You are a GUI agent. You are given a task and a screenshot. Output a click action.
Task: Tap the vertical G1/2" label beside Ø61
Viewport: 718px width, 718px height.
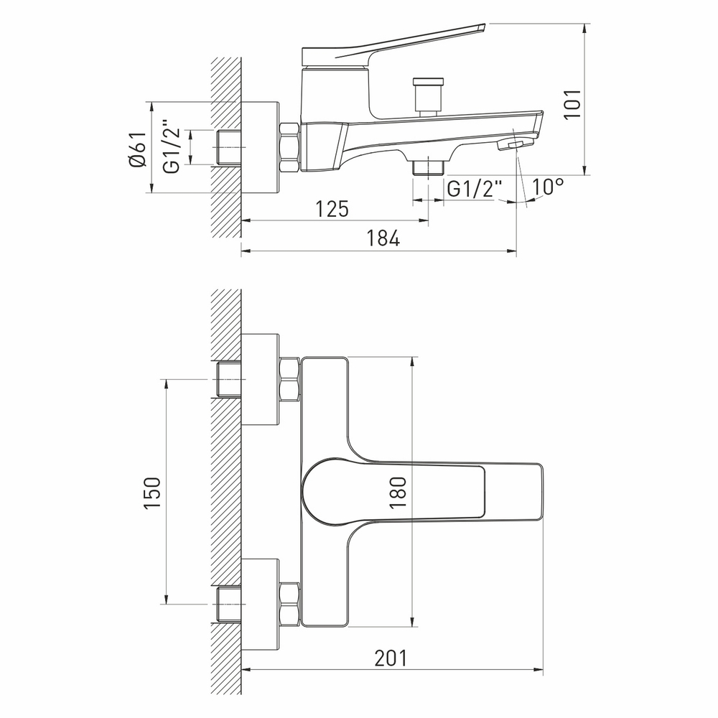coord(170,147)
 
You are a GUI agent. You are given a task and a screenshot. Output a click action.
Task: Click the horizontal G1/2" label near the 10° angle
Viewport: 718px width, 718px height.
coord(475,189)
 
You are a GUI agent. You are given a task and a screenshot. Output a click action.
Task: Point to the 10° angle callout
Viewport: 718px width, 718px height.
coord(548,187)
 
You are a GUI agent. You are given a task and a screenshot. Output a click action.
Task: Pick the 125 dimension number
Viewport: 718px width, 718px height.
coord(332,210)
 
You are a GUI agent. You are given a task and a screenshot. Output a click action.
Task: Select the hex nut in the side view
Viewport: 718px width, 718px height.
coord(289,147)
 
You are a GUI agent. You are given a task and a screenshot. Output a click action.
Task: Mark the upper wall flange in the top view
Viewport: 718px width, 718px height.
coord(260,378)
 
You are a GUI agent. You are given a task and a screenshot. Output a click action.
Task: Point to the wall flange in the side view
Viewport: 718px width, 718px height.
coord(260,147)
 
